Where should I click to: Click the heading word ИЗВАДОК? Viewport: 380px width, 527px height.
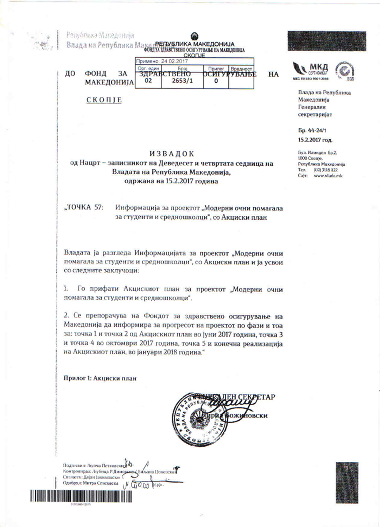coord(172,154)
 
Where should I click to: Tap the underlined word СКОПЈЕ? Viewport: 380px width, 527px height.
coord(104,100)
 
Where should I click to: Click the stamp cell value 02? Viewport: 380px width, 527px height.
coord(148,81)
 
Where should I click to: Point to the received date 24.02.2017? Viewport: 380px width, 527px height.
coord(175,61)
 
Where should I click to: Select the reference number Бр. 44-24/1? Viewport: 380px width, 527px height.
coord(312,130)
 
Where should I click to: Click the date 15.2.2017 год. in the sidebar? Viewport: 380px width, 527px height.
coord(315,140)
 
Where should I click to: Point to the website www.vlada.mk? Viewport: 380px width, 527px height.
coord(328,175)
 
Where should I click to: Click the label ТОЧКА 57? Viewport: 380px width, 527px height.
coord(84,207)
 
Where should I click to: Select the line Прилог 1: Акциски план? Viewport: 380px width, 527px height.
coord(100,378)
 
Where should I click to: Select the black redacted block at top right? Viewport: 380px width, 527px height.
coord(327,41)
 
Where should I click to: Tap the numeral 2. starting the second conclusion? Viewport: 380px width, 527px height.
coord(66,316)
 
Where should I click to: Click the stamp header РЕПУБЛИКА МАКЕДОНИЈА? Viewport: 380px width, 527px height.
coord(195,44)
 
